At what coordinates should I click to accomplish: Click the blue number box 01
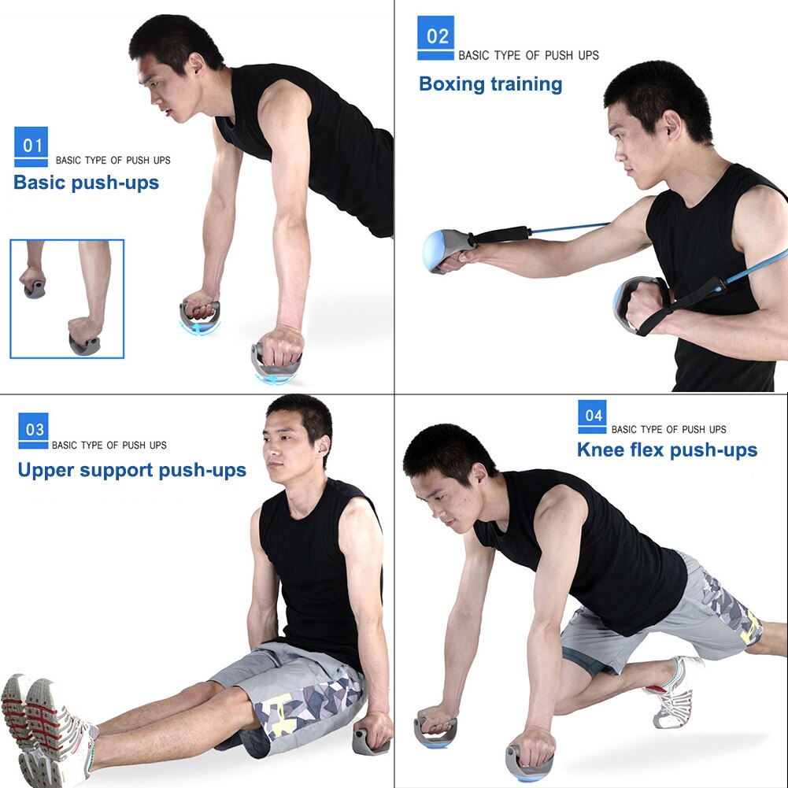pos(31,145)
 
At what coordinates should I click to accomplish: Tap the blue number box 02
pos(436,36)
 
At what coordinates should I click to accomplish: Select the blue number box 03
pos(34,429)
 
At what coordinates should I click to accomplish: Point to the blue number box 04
pos(592,414)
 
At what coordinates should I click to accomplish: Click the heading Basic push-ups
pos(86,183)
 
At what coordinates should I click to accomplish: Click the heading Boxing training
pos(490,84)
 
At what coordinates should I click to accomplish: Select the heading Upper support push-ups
pos(131,471)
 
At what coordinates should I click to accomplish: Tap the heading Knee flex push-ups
pos(667,450)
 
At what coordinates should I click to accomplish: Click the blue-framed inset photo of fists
pos(67,299)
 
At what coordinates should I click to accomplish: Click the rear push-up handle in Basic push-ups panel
pos(200,314)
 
